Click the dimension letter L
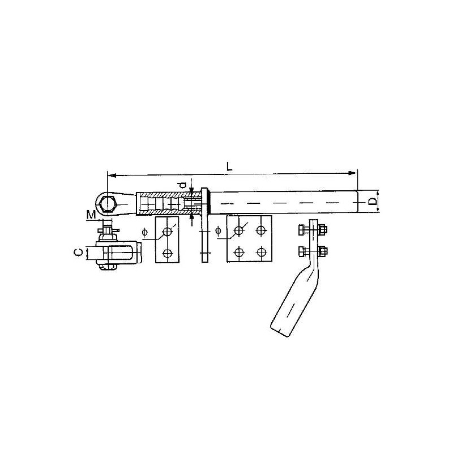pos(228,166)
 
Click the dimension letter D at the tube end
pos(372,202)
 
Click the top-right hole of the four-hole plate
pos(260,230)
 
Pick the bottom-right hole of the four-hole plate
pos(260,251)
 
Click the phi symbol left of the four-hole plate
pos(218,230)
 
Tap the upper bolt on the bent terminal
pos(313,230)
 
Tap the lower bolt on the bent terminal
pos(313,250)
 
